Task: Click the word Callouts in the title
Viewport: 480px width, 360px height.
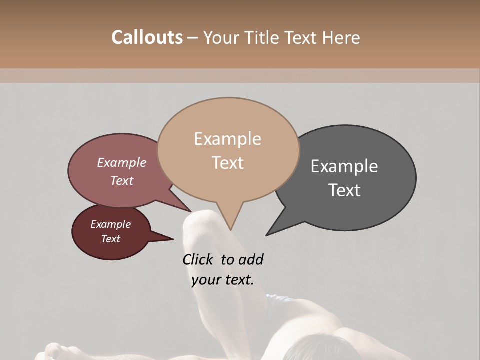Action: pos(147,37)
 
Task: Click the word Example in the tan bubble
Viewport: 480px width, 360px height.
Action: pos(227,139)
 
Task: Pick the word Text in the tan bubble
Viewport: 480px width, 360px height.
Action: pos(227,163)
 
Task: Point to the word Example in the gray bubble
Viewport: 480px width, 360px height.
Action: pos(344,166)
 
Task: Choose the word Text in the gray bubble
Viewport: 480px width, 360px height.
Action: pos(344,190)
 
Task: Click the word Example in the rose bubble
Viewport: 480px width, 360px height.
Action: pos(122,162)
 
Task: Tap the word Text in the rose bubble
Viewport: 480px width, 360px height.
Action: pos(122,180)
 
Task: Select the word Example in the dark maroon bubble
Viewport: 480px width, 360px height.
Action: pos(110,224)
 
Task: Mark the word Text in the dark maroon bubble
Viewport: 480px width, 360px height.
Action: pos(110,239)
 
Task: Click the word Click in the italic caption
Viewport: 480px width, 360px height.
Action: pos(198,259)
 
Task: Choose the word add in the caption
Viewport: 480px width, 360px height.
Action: pos(250,259)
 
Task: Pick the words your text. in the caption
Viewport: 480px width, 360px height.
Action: pos(223,279)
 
